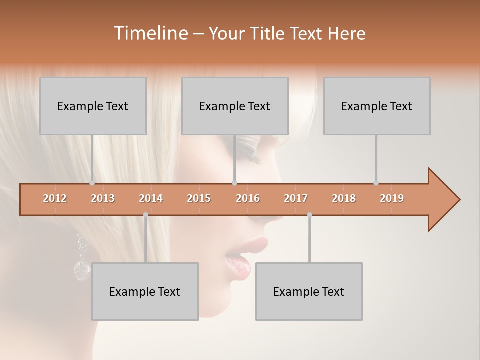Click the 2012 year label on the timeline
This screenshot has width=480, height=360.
coord(55,198)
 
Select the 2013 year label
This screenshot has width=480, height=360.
coord(103,198)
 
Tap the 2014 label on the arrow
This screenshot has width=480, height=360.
coord(151,198)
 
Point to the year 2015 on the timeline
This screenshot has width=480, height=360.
coord(199,198)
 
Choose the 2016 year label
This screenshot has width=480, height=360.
coord(248,198)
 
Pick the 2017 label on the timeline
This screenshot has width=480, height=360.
coord(296,198)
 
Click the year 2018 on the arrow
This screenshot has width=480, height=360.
coord(344,198)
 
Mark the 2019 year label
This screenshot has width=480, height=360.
coord(392,198)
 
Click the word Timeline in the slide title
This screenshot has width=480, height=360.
coord(150,33)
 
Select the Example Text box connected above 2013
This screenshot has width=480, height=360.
coord(93,106)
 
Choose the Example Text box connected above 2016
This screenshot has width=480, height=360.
coord(235,106)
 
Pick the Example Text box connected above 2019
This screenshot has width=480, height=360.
coord(377,106)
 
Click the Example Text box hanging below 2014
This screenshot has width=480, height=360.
coord(145,291)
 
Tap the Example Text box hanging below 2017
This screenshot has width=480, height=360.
coord(309,291)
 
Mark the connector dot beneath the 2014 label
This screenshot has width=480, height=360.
coord(145,215)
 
